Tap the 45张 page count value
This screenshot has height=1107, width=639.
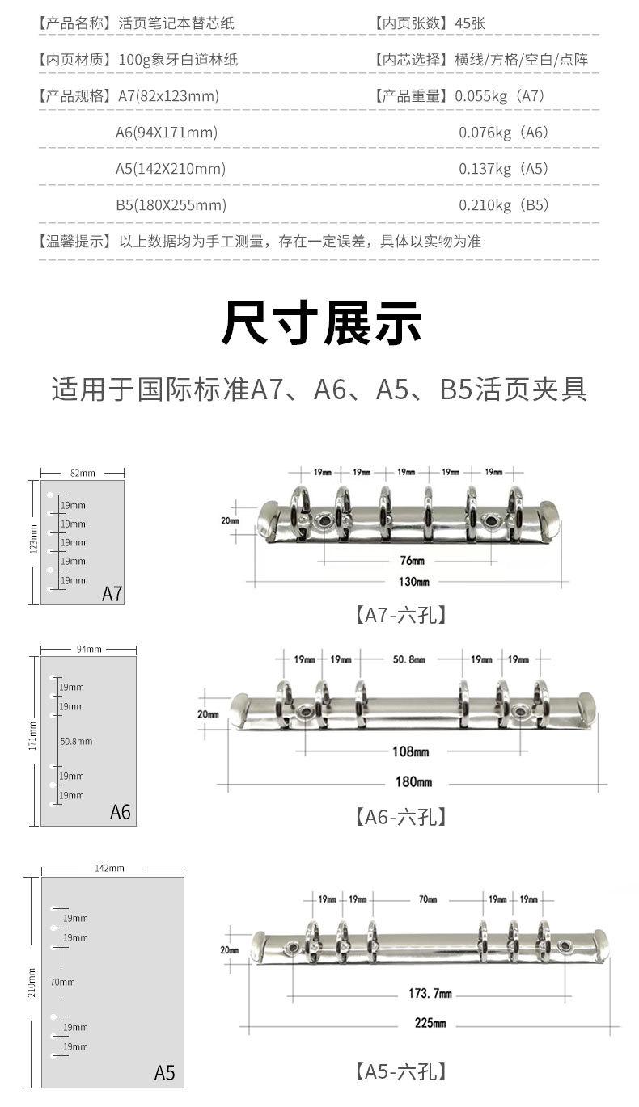tap(470, 23)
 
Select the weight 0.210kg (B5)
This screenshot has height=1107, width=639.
tap(504, 205)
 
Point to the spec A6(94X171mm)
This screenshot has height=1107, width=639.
tap(167, 133)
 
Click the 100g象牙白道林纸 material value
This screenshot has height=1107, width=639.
tap(178, 60)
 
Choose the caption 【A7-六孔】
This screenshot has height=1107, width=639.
tap(400, 615)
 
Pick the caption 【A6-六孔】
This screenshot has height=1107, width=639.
tap(400, 816)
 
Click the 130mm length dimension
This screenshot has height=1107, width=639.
tap(413, 581)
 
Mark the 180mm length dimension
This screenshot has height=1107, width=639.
tap(413, 781)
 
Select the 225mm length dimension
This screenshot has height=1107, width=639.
tap(430, 1023)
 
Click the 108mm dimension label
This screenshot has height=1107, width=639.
tap(411, 751)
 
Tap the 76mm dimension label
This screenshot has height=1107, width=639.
tap(412, 561)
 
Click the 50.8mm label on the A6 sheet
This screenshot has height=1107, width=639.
tap(76, 741)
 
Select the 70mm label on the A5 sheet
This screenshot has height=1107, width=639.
tap(62, 982)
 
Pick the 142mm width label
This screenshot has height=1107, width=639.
tap(109, 868)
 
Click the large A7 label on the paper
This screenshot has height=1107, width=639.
tap(112, 594)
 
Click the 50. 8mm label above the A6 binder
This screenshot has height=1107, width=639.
tap(408, 659)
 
